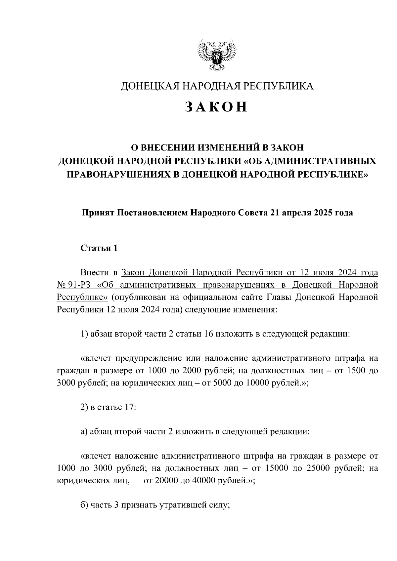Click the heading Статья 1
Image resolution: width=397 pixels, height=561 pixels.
tap(99, 248)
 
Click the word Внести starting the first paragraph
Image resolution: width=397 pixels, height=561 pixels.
tap(94, 273)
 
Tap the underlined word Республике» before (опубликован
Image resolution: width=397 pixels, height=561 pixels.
tap(82, 297)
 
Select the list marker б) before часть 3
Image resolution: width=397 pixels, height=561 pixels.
tap(84, 505)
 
